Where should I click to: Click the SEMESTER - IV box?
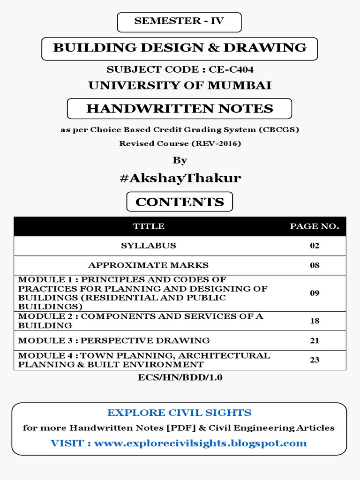[x=180, y=21]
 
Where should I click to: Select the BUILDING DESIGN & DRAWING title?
[x=180, y=48]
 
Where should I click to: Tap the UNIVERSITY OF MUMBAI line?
[x=180, y=85]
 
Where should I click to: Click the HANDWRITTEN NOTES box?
[x=180, y=109]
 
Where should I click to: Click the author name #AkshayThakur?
[x=180, y=178]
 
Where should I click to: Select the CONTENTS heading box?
[x=180, y=202]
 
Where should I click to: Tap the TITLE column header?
[x=149, y=226]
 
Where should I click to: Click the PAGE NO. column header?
[x=314, y=226]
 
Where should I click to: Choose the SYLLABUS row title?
[x=149, y=246]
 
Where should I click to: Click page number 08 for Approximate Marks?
[x=314, y=265]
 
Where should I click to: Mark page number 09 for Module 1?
[x=314, y=293]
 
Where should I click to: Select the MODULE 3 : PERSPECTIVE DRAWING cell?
[x=114, y=340]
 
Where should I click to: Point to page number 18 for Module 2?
[x=314, y=321]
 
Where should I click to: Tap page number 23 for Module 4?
[x=314, y=360]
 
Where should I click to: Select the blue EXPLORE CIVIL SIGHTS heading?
[x=180, y=413]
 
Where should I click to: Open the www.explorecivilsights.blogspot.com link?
[x=201, y=443]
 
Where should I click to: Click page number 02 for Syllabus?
[x=314, y=246]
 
